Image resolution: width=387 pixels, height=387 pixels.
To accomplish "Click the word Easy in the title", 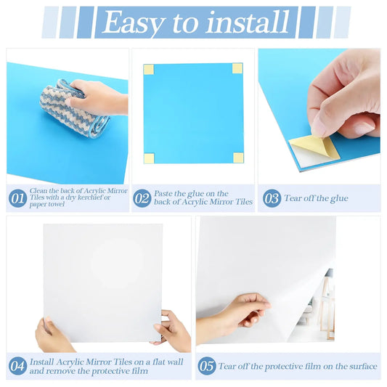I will click(x=136, y=23).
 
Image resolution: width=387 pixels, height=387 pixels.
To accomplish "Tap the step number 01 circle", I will click(x=17, y=198).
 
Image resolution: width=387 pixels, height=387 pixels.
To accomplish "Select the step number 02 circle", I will click(x=142, y=198).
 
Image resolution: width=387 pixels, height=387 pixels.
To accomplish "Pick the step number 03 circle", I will click(x=272, y=198).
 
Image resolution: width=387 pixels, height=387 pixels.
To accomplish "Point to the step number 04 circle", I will click(x=17, y=366).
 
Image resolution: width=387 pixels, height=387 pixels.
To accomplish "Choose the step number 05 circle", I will click(x=207, y=366).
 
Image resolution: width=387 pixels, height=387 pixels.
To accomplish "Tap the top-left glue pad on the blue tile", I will click(x=148, y=70).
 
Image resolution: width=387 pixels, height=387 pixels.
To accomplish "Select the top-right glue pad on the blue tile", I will click(x=237, y=69).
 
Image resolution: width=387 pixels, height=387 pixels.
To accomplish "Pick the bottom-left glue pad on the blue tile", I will click(x=148, y=158).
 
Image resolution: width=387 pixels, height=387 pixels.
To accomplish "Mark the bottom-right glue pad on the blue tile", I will click(x=238, y=158).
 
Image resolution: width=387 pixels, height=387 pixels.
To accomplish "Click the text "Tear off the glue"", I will click(x=316, y=198).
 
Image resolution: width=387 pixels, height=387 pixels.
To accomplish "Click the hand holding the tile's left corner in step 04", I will click(x=52, y=335).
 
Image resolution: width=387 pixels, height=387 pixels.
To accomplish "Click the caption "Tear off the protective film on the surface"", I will click(x=298, y=367).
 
